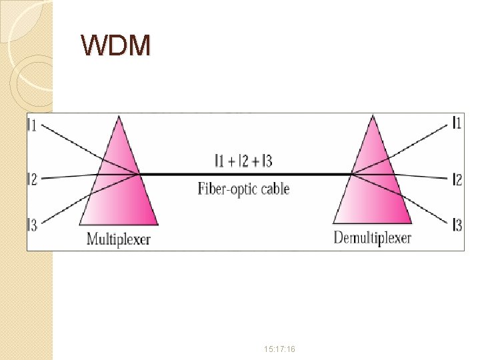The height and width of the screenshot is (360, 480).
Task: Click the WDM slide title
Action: click(116, 45)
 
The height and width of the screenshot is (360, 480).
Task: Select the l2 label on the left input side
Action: click(33, 178)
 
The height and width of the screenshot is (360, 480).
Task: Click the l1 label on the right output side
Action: click(457, 122)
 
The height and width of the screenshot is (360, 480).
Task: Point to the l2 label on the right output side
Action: click(457, 179)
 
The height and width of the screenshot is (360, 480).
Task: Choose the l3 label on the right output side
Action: click(457, 225)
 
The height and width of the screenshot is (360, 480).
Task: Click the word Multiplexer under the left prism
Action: click(119, 239)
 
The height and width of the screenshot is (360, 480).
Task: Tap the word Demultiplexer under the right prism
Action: click(372, 238)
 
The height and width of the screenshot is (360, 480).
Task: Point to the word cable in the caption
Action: click(274, 189)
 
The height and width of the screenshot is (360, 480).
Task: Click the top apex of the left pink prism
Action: click(119, 117)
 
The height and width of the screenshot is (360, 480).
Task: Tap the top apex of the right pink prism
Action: click(372, 117)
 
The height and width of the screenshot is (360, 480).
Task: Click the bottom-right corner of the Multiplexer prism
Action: click(158, 224)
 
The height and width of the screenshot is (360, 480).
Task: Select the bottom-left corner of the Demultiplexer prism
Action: click(333, 223)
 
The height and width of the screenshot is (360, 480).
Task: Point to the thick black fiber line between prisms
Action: click(244, 174)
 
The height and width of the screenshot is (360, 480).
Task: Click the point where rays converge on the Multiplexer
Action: click(138, 174)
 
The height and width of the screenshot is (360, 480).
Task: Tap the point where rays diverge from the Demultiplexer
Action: click(352, 175)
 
